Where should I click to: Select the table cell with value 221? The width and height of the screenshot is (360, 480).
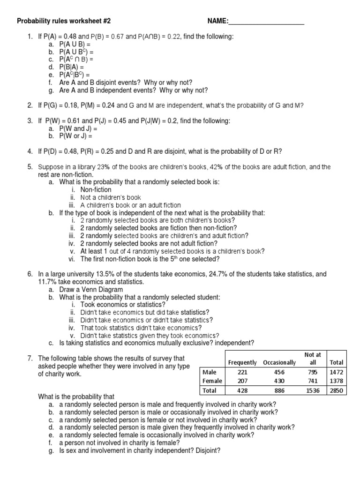tap(242, 372)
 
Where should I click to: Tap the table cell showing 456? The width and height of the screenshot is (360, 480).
tap(279, 372)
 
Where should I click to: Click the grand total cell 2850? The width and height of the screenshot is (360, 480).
tap(336, 390)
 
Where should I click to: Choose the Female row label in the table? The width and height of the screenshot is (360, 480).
tap(211, 381)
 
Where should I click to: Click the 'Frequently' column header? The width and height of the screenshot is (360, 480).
tap(242, 362)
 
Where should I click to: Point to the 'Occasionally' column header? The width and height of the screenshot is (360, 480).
tap(279, 362)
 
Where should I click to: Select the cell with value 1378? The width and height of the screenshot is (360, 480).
tap(336, 381)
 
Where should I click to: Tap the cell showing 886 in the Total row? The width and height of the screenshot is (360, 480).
tap(279, 390)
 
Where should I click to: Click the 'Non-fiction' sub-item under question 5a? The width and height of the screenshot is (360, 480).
tap(96, 189)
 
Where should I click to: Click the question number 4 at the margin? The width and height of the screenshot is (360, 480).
tap(30, 151)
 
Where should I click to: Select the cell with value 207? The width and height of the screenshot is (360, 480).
tap(242, 381)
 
